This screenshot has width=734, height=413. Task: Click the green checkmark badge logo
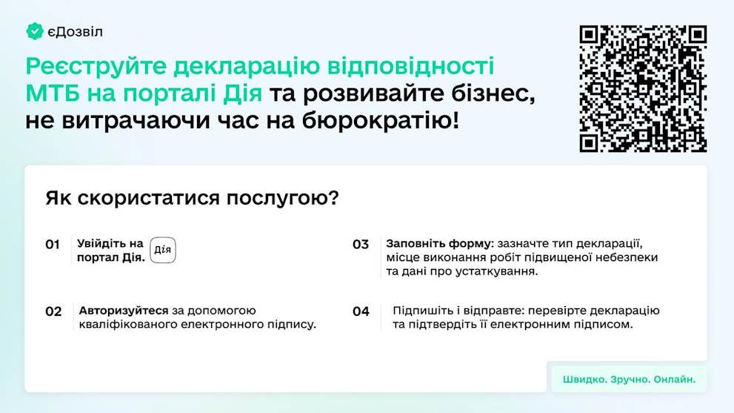[x=35, y=31]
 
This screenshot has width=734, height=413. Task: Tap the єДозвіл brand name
[x=75, y=32]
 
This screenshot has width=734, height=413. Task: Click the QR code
[x=643, y=88]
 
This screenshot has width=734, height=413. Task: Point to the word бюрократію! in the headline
[x=381, y=121]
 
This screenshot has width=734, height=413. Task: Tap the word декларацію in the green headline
[x=246, y=67]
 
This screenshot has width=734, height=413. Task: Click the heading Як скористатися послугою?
[x=192, y=198]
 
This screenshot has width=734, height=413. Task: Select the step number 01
[x=53, y=245]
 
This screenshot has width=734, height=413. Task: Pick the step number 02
[x=53, y=311]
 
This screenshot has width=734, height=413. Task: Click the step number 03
[x=361, y=245]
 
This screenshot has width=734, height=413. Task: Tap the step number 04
[x=361, y=311]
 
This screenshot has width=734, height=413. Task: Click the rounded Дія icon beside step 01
[x=163, y=250]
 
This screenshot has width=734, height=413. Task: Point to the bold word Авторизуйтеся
[x=124, y=311]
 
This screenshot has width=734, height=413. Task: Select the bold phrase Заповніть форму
[x=439, y=244]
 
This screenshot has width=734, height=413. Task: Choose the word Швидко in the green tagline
[x=584, y=379]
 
